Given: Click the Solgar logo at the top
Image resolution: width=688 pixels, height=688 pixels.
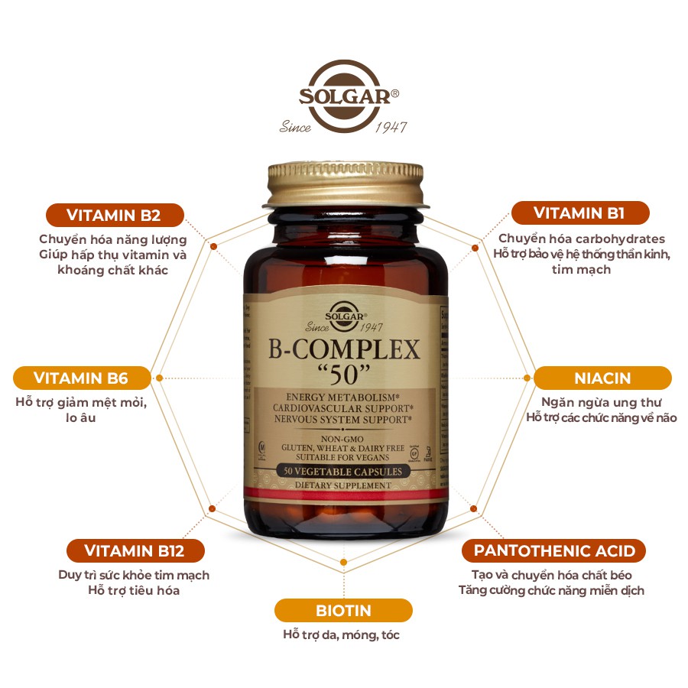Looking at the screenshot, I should [x=343, y=96].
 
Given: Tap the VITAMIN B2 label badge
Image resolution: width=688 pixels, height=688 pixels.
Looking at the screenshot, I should [x=115, y=214].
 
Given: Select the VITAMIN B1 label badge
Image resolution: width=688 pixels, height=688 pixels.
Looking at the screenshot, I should [x=579, y=213].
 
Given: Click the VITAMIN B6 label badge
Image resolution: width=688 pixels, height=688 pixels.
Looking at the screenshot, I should [x=81, y=378].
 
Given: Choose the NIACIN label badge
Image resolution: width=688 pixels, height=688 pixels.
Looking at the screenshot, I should [x=602, y=378].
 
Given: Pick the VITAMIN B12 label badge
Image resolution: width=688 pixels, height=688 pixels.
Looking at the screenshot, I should [x=135, y=550].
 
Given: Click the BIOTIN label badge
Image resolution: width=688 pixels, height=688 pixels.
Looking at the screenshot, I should [x=343, y=611].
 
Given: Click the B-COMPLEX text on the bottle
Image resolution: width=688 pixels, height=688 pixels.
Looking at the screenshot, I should [x=344, y=351].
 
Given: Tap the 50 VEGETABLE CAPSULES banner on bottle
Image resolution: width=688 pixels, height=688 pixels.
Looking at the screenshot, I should [x=343, y=472].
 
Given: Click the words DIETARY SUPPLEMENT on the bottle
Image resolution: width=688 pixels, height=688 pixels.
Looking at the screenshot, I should [x=343, y=485].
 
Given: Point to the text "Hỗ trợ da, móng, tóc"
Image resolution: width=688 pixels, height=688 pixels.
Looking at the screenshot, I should [x=341, y=635].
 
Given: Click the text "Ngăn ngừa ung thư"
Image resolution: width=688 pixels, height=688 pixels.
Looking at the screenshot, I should [x=602, y=402].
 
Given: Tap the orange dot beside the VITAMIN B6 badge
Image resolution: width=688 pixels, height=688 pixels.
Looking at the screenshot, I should [x=159, y=378].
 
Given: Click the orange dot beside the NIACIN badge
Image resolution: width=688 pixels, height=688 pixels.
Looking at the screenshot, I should [x=527, y=378].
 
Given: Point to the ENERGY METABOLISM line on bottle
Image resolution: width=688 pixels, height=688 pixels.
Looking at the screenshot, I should [x=343, y=398].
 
